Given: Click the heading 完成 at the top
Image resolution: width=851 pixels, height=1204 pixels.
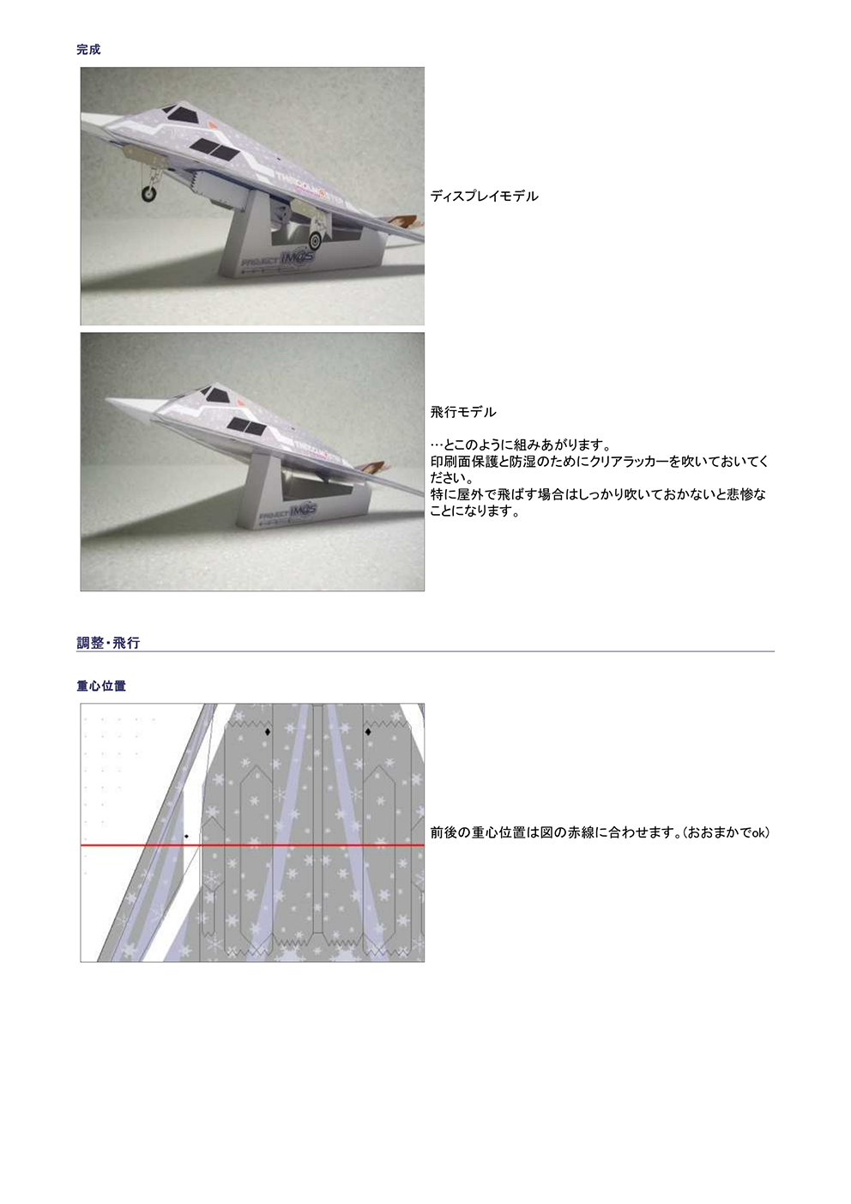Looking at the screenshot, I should tap(88, 50).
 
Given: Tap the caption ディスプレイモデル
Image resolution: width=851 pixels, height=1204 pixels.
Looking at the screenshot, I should tap(484, 197).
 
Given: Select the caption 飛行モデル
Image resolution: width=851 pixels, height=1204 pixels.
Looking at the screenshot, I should tap(463, 413).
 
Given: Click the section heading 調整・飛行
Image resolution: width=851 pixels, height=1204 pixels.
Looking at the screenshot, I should tap(108, 643).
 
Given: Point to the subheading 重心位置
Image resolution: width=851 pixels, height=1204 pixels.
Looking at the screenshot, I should tap(101, 687).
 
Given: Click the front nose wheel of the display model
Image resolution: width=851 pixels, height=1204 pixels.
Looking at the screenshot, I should tap(149, 195).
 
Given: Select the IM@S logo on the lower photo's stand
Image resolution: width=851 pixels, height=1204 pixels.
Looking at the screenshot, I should tap(302, 511).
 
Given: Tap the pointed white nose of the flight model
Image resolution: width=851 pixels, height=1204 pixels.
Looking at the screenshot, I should tap(116, 399).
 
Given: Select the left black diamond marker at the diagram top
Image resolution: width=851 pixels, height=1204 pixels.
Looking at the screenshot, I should tap(267, 732).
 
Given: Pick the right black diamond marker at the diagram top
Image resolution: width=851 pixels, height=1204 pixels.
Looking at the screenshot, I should tap(368, 732).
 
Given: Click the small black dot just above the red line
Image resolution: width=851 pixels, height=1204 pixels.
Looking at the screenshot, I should tap(186, 836).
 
